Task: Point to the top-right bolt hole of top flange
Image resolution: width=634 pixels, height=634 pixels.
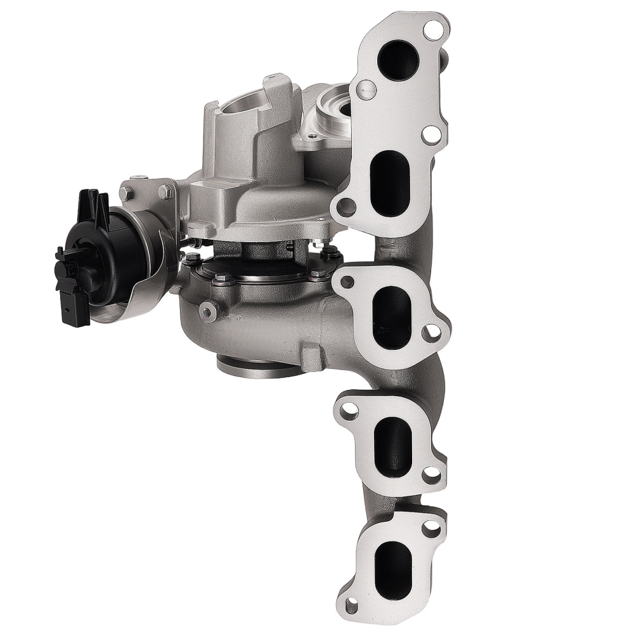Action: pos(433,29)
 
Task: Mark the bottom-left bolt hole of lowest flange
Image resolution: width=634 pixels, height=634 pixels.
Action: pos(350,606)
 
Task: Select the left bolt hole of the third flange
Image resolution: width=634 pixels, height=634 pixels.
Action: pos(348,412)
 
